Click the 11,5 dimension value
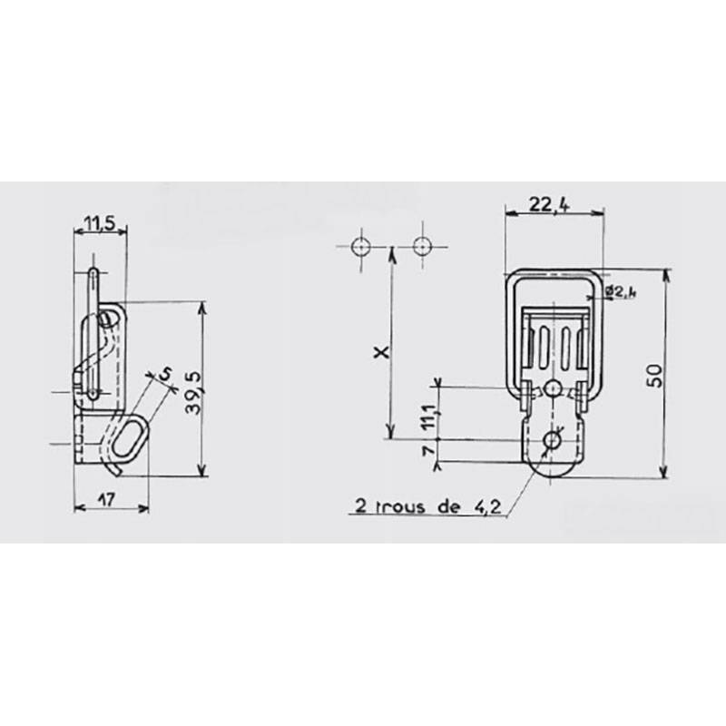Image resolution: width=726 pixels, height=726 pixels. tap(100, 223)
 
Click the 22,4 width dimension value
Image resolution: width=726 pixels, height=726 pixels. tap(548, 206)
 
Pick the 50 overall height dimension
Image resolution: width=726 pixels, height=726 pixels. tap(654, 374)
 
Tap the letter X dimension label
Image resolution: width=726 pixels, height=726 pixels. tap(382, 351)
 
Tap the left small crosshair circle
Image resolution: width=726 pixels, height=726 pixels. tap(360, 246)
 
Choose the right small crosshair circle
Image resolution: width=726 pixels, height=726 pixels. tap(421, 246)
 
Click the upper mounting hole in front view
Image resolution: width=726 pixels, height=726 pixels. tap(553, 388)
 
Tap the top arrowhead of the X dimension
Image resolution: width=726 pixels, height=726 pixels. tap(391, 254)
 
